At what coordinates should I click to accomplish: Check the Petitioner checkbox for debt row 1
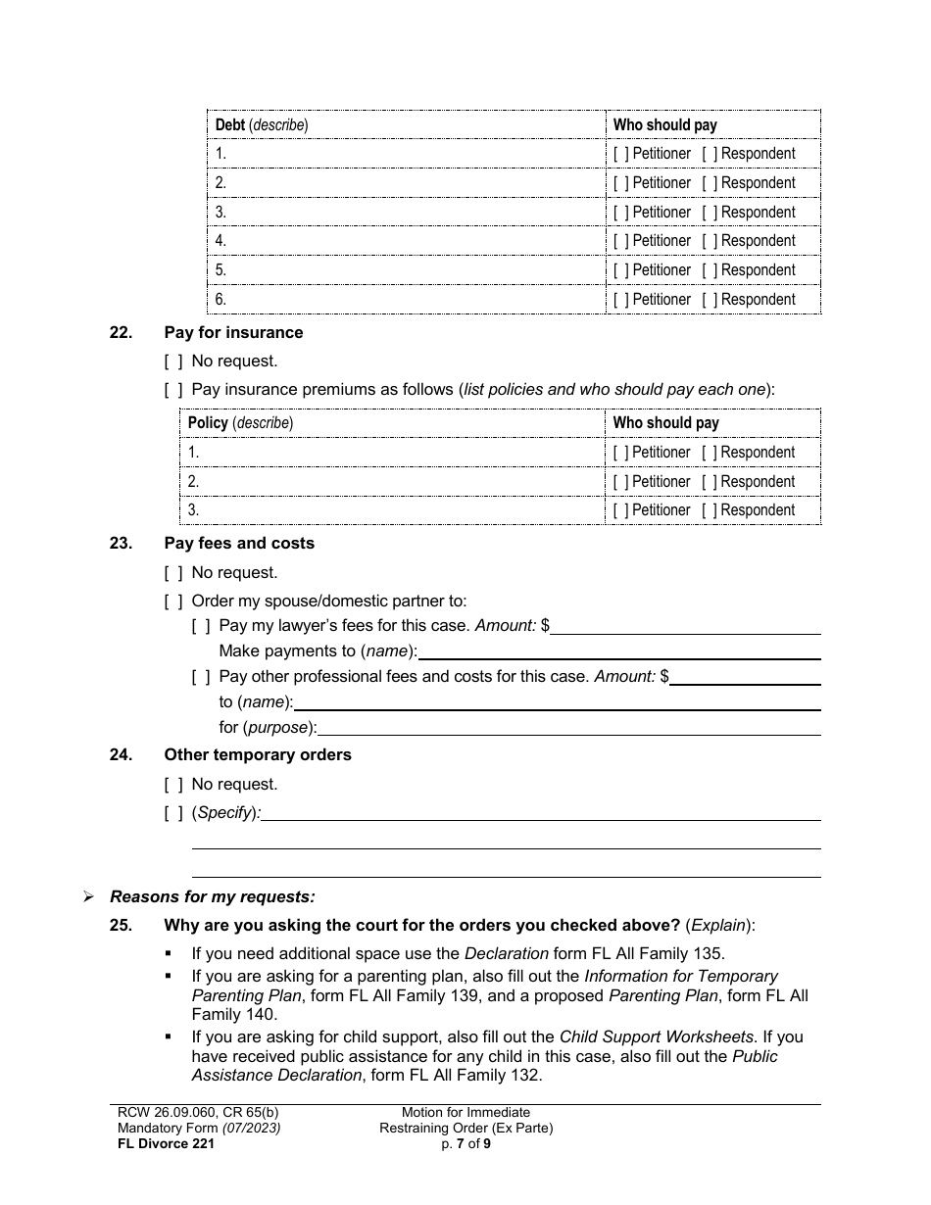(x=621, y=154)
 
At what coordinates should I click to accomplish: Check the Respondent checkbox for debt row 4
(x=710, y=241)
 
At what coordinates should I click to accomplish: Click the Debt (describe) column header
(x=261, y=125)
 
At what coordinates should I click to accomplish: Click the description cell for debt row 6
(x=407, y=300)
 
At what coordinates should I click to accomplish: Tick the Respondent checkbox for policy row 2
(x=710, y=482)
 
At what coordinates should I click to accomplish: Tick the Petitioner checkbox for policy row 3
(x=621, y=510)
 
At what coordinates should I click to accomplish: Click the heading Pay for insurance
(x=233, y=333)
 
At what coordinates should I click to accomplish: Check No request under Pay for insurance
(x=173, y=361)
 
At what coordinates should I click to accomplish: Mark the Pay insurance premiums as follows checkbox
(x=173, y=390)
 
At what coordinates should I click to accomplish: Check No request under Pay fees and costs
(x=173, y=573)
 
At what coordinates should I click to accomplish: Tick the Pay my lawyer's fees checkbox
(x=201, y=625)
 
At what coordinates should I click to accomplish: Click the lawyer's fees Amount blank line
(x=685, y=626)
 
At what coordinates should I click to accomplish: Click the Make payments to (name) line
(x=618, y=651)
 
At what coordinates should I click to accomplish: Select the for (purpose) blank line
(x=569, y=728)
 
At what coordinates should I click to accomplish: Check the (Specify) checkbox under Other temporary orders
(x=173, y=813)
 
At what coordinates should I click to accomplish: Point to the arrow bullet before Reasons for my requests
(x=88, y=897)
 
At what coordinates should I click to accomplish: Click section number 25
(x=121, y=926)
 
